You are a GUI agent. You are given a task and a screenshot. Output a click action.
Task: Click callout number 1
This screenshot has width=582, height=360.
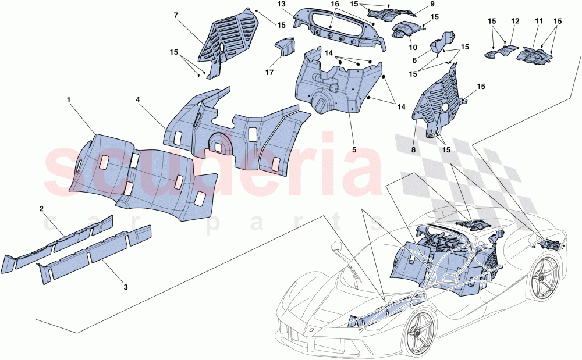click(69, 100)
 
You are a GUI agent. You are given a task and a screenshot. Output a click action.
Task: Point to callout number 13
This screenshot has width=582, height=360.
click(281, 4)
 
